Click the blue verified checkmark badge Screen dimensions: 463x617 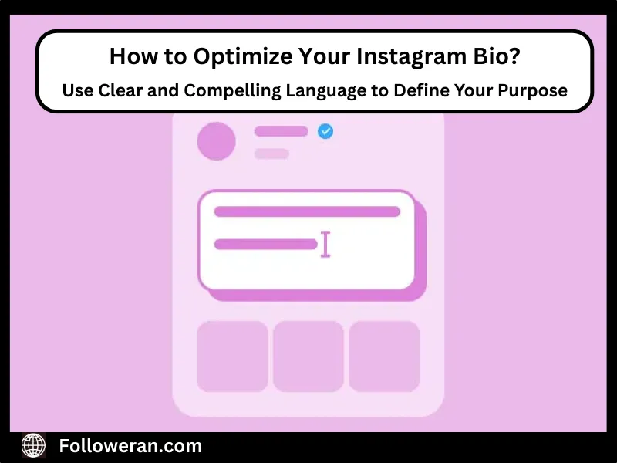(325, 131)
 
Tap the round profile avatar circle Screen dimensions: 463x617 (217, 141)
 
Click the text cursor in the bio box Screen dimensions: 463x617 (325, 244)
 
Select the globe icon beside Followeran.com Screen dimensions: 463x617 (33, 445)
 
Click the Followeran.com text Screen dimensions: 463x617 (130, 445)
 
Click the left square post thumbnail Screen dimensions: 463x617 (232, 357)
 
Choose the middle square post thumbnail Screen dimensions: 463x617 (308, 357)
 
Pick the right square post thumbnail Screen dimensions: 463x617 (384, 357)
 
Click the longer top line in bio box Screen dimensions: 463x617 (307, 211)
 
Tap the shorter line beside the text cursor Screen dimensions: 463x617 (265, 245)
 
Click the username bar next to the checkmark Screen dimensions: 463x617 (282, 131)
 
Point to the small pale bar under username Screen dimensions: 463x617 (271, 154)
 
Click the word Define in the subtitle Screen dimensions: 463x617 (421, 91)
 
